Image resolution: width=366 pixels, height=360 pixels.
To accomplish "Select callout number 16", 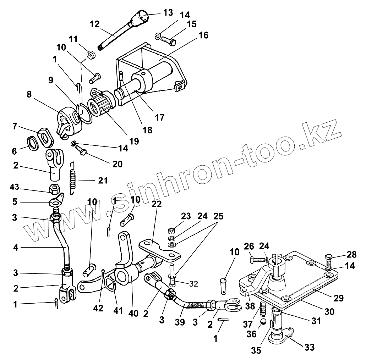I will [203, 35].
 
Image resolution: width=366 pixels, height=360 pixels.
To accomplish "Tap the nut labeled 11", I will [91, 55].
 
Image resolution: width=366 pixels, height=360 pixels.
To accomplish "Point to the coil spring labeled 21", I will [73, 177].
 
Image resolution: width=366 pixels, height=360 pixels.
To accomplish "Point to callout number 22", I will [157, 204].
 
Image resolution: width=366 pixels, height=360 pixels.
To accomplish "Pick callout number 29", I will [339, 298].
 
